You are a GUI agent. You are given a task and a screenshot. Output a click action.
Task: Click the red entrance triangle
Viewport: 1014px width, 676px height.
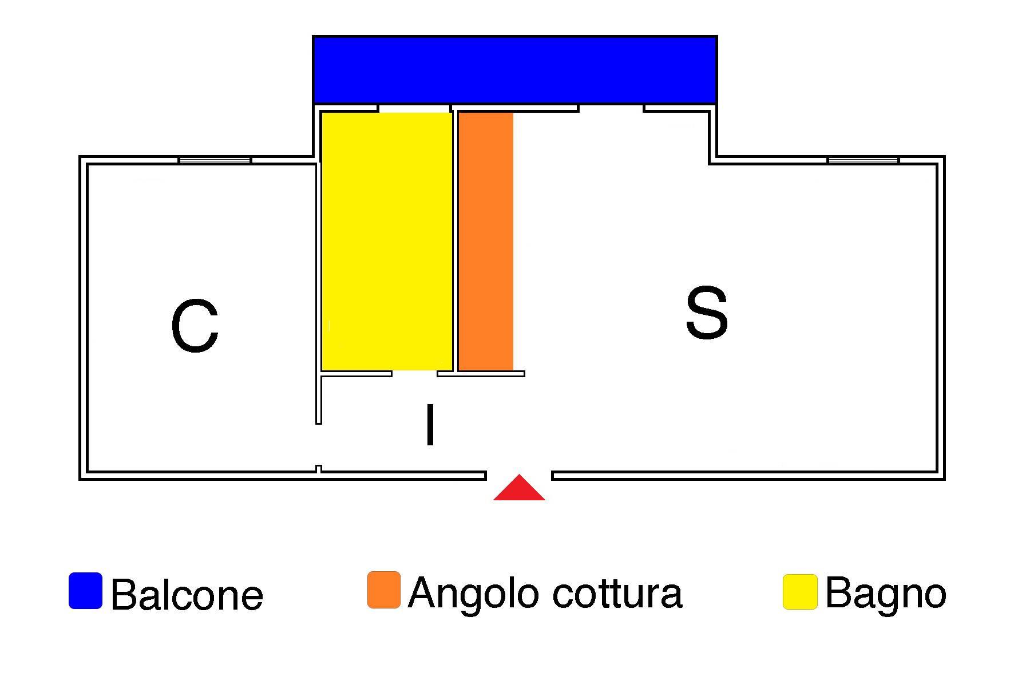519,488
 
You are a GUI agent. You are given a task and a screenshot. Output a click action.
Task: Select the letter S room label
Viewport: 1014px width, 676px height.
707,313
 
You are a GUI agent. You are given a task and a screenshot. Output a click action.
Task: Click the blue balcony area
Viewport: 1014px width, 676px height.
514,70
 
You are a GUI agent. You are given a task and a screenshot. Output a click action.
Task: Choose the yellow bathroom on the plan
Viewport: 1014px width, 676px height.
387,242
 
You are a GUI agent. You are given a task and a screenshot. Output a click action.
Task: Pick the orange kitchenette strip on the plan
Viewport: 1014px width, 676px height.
486,242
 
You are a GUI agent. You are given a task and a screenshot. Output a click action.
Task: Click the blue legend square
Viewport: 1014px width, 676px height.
86,591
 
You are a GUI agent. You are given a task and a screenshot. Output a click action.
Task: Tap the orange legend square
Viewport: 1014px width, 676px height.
384,590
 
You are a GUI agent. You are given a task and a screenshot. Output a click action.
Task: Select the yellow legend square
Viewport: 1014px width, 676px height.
800,592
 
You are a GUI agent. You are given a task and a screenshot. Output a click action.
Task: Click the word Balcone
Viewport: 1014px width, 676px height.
187,595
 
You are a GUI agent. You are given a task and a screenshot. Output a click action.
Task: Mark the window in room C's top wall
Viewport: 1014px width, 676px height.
215,160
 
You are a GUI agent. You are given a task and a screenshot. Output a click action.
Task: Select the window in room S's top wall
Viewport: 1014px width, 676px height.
863,160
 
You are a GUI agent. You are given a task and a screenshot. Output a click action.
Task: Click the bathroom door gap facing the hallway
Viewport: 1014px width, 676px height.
414,374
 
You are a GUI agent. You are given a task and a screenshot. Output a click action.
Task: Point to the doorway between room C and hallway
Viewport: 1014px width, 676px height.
319,445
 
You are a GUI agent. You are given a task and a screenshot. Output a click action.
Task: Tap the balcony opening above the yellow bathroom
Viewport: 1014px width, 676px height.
414,108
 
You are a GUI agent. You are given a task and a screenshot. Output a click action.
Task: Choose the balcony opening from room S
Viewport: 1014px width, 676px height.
611,108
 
